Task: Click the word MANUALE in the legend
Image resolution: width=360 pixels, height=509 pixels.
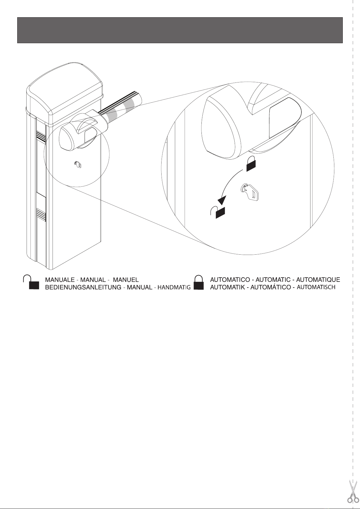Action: [60, 280]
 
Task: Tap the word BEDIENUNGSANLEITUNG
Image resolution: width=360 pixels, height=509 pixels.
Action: [83, 287]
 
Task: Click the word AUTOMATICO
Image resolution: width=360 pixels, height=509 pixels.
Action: [230, 280]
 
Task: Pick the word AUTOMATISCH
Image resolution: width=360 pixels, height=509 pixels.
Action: [316, 287]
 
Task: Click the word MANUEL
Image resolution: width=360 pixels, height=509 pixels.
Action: [126, 280]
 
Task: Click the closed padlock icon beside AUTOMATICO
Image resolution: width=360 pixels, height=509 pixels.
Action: [199, 282]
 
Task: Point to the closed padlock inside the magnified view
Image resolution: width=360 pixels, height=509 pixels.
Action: [251, 164]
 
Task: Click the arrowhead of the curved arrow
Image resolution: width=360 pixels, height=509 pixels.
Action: [223, 199]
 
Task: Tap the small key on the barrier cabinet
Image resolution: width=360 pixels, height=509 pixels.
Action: [78, 164]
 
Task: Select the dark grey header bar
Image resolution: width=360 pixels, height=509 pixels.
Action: [180, 30]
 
